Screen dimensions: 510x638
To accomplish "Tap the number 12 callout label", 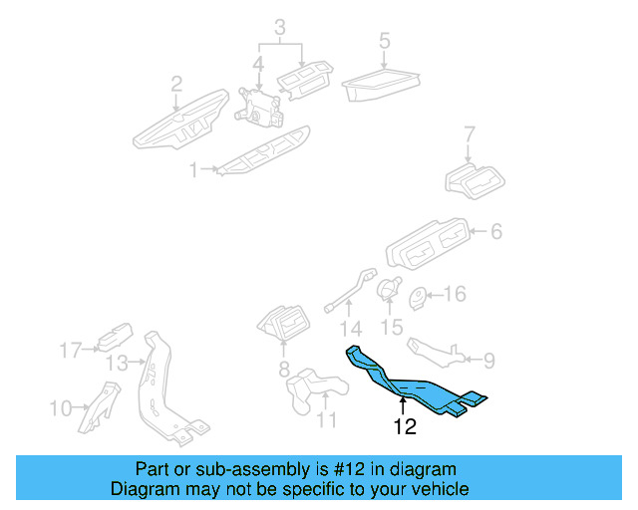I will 404,428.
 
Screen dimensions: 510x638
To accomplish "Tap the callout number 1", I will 193,171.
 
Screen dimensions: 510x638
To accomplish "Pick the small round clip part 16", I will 420,295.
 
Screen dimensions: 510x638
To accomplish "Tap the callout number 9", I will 488,358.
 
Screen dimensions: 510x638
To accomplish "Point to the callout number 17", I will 69,351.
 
